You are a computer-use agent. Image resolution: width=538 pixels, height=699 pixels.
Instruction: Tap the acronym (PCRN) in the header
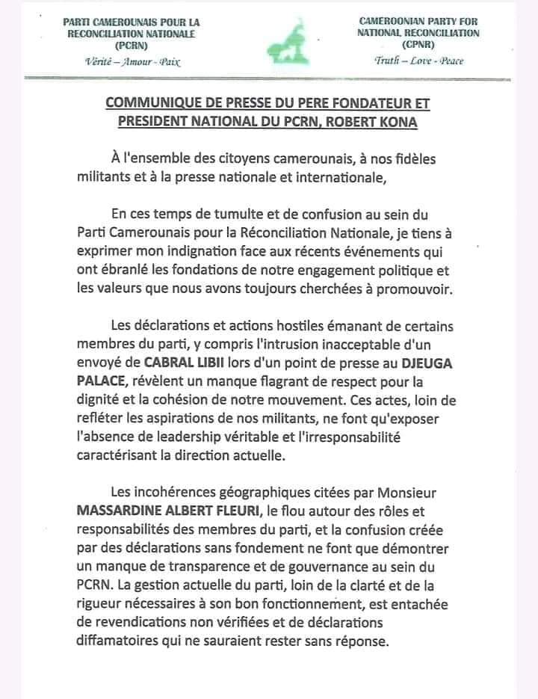130,44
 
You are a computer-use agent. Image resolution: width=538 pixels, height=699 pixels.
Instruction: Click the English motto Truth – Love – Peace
418,61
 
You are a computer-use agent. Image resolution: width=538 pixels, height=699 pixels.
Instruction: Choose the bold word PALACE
102,380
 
